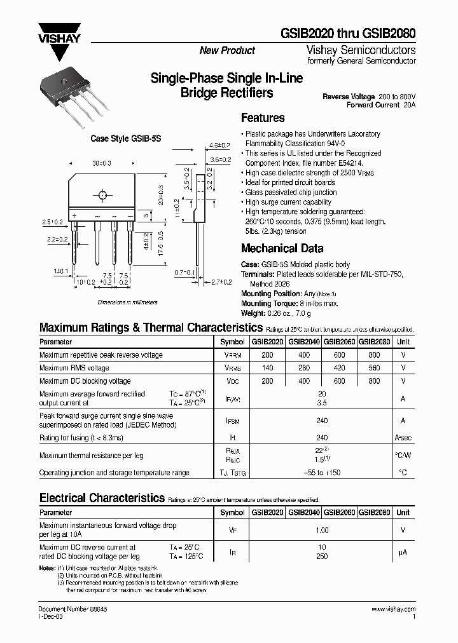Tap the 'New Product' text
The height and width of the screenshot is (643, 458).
coord(227,51)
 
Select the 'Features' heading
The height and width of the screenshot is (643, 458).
coord(263,118)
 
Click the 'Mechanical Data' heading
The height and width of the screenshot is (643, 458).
coord(282,248)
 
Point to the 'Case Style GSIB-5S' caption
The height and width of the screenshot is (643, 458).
coord(116,139)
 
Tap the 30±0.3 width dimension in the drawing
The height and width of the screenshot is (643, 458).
coord(102,163)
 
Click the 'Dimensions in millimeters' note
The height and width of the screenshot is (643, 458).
coord(128,302)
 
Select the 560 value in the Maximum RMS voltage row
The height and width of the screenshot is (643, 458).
coord(374,368)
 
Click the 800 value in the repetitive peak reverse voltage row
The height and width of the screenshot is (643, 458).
coord(374,355)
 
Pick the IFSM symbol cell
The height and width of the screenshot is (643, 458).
coord(232,420)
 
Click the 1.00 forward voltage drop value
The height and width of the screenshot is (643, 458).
coord(322,530)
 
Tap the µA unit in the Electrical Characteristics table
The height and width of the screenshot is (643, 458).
coord(403,552)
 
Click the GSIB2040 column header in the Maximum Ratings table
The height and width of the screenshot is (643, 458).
coord(304,341)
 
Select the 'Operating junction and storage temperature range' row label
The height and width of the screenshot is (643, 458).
coord(114,473)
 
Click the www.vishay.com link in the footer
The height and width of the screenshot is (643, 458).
coord(392,609)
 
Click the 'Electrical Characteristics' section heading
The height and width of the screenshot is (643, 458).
coord(102,497)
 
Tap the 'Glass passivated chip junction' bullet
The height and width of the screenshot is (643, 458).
coord(291,193)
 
